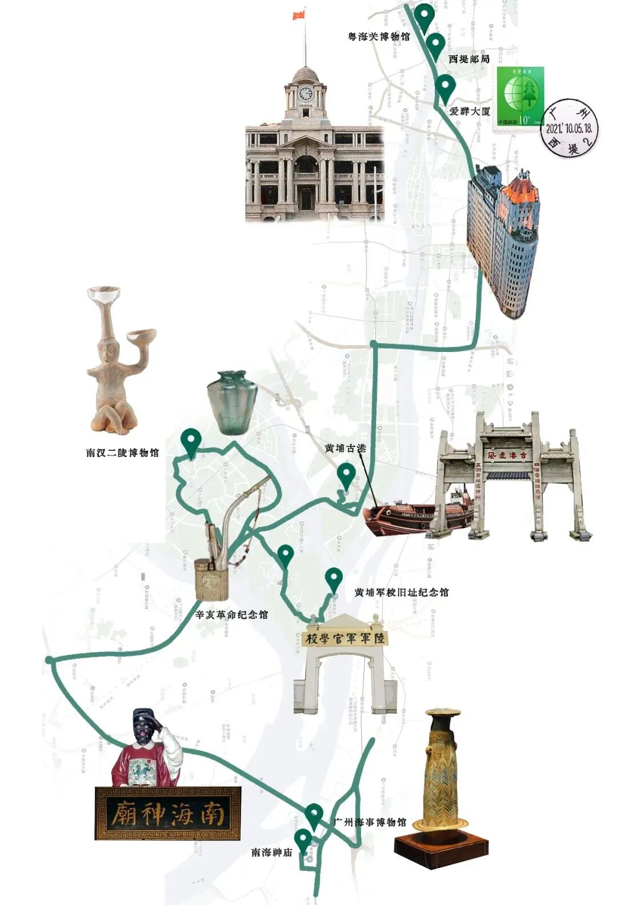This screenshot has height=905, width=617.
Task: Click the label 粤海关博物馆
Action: coord(379,37)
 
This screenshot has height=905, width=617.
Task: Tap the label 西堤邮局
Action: coord(468,59)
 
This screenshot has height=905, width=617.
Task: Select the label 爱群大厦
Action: coord(470,111)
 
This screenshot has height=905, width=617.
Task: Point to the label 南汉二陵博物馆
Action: coord(122,453)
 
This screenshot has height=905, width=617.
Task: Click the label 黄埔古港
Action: coord(345,449)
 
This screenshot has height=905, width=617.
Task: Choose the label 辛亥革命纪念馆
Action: coord(231,615)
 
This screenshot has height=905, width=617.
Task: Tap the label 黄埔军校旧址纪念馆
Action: coord(401,592)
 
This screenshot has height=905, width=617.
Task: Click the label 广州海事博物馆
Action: coord(369,822)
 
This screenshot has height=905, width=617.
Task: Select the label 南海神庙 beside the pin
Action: coord(272,852)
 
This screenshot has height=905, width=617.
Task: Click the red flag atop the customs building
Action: coord(299,15)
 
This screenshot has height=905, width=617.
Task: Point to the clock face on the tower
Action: coord(306,93)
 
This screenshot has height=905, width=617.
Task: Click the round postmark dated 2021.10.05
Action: coord(571,129)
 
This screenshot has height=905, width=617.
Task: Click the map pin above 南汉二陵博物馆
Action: coord(190,442)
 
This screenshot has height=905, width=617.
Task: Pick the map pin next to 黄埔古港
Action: coord(346,475)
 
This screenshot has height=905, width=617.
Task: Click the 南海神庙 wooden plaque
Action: coord(167,814)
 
